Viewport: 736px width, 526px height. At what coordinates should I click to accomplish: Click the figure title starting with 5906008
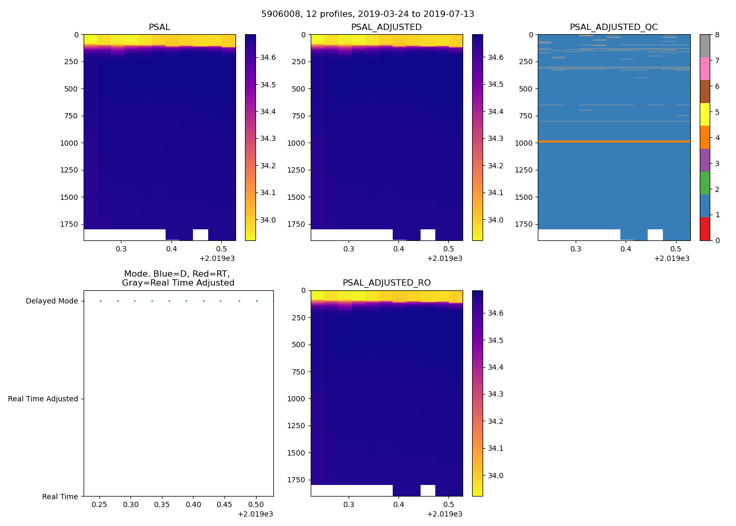[367, 14]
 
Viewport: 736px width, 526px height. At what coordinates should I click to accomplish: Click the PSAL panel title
[159, 27]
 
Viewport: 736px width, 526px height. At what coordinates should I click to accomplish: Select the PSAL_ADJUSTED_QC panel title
[614, 27]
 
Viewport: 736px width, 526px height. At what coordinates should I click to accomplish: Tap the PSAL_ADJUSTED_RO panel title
[386, 283]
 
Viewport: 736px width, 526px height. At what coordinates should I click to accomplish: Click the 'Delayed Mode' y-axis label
[52, 301]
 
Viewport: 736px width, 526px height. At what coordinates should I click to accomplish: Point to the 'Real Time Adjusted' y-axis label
[43, 399]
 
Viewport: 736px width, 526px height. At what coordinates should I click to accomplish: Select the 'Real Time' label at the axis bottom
[60, 497]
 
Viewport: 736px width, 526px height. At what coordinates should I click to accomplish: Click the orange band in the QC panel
[614, 141]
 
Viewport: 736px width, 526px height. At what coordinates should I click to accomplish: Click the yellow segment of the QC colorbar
[704, 114]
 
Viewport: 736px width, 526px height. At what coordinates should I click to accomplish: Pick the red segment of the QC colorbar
[704, 229]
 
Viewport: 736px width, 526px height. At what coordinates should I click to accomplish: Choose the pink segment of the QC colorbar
[704, 68]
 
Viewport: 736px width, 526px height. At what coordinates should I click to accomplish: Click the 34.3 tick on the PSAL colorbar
[268, 139]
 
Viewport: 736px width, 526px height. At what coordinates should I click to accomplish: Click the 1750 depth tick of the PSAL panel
[68, 225]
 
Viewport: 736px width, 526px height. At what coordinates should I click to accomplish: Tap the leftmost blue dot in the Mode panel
[100, 301]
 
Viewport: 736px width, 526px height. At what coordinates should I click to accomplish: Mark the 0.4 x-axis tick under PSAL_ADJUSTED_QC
[626, 249]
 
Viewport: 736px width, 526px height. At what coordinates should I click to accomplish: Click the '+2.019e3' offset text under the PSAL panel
[217, 258]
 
